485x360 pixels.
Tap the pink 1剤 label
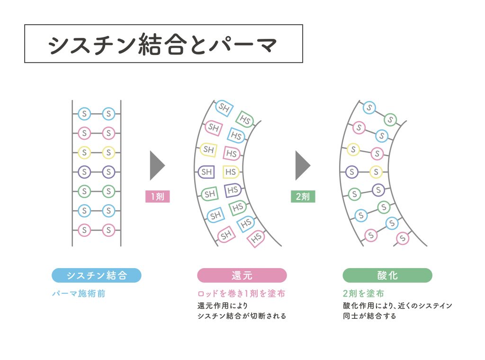click(x=157, y=196)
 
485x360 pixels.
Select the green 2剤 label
click(x=303, y=196)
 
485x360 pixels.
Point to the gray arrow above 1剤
click(x=157, y=165)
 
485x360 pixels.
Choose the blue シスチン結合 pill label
click(x=97, y=275)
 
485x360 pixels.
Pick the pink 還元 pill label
click(x=242, y=275)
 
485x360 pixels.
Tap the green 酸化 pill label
click(x=387, y=275)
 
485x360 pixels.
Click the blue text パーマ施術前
click(x=79, y=294)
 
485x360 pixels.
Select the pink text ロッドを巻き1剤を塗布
click(x=241, y=294)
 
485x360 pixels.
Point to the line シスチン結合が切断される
click(x=242, y=316)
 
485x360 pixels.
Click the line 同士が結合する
click(x=369, y=316)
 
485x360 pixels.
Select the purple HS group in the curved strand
click(x=232, y=190)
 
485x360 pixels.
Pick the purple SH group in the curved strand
click(x=207, y=172)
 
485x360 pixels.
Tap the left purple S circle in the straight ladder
click(x=84, y=171)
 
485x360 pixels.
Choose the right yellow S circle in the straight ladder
click(x=108, y=152)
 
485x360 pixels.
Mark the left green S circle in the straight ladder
click(x=84, y=191)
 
